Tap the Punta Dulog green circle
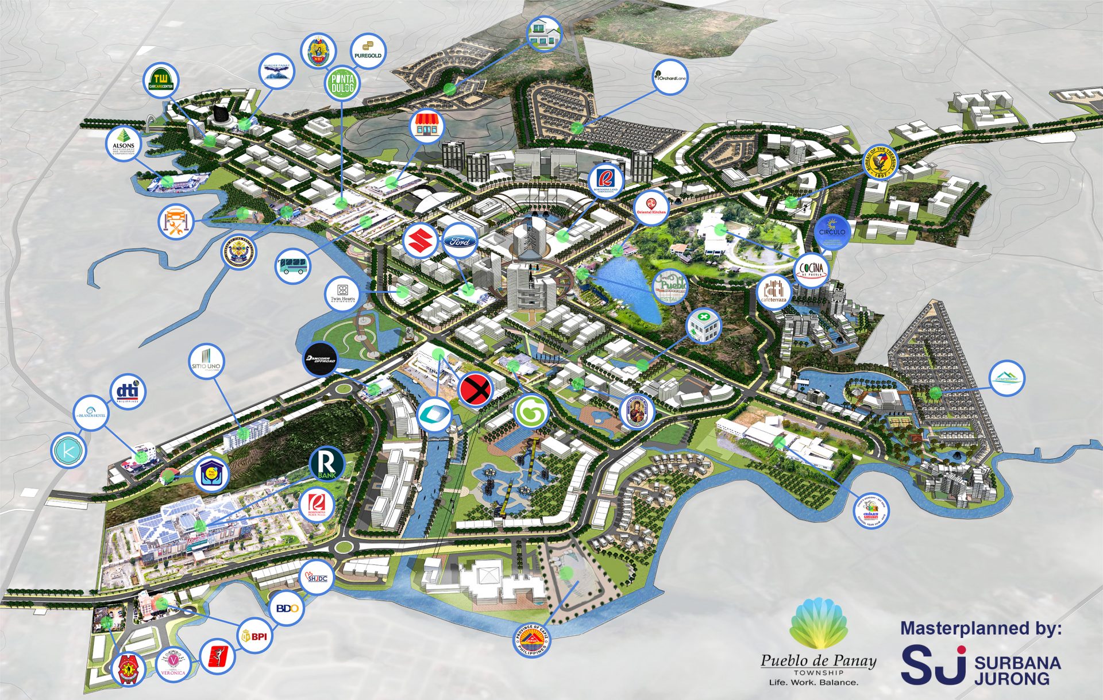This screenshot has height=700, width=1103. click(343, 84)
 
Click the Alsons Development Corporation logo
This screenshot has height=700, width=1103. click(124, 144)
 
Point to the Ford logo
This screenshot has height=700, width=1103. click(460, 242)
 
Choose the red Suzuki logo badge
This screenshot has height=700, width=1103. click(421, 241)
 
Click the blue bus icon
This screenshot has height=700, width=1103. click(293, 266)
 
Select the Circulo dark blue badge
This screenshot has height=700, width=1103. click(832, 232)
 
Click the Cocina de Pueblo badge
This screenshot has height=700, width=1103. click(812, 269)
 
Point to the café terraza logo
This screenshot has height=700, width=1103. click(774, 292)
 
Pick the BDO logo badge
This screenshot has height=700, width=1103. click(287, 608)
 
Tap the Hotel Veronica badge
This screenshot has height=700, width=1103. click(173, 665)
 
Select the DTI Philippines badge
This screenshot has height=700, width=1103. click(128, 392)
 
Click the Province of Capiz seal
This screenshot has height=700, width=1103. click(531, 640)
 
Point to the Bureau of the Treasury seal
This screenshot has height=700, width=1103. click(882, 161)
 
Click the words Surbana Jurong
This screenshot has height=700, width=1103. click(1017, 670)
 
